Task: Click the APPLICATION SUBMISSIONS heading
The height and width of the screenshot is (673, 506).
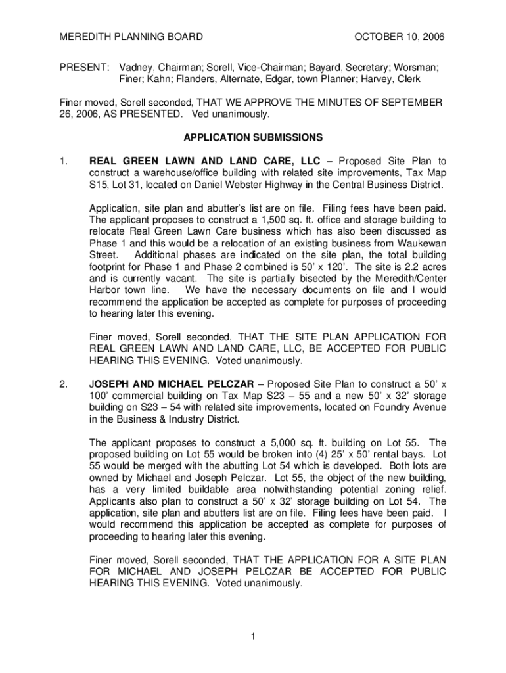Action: pyautogui.click(x=253, y=137)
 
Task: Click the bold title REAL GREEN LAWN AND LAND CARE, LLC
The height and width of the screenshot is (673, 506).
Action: pyautogui.click(x=204, y=161)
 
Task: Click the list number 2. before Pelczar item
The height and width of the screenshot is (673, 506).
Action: pyautogui.click(x=63, y=384)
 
